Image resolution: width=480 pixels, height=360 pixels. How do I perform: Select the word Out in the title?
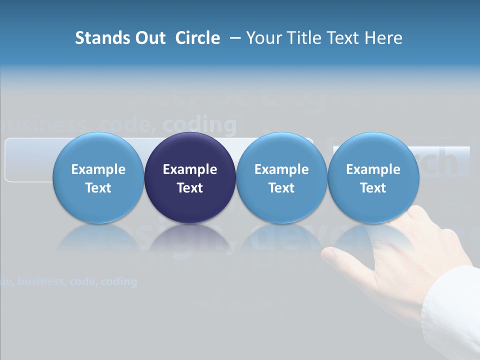click(x=148, y=38)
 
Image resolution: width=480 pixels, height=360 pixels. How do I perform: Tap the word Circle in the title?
click(x=197, y=38)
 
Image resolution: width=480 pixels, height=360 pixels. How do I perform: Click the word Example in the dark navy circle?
click(x=190, y=169)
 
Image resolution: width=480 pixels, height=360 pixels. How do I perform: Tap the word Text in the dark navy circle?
click(x=190, y=188)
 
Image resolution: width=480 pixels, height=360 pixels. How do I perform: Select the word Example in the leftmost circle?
click(x=98, y=169)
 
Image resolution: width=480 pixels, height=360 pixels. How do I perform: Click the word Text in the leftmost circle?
click(x=98, y=188)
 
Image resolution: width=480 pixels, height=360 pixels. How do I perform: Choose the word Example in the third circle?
click(x=281, y=169)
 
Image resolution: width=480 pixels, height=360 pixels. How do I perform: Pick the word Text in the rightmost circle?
click(x=373, y=188)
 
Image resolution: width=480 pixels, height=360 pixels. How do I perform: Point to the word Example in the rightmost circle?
click(x=373, y=169)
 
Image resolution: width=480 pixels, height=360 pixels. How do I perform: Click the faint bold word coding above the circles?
click(x=200, y=125)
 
